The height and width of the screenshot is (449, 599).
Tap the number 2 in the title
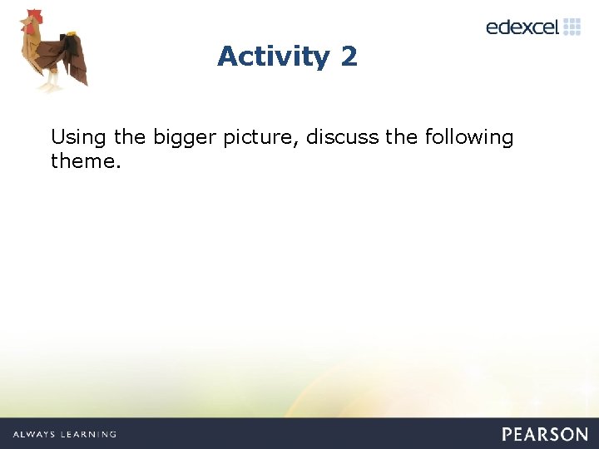(349, 57)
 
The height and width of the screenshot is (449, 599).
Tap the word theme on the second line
(83, 160)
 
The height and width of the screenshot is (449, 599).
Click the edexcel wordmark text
(522, 27)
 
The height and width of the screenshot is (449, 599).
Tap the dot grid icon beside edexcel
(572, 27)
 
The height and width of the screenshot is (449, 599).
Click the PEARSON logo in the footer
(545, 434)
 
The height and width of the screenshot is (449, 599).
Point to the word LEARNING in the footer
(89, 434)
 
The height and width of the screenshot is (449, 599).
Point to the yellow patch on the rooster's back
(70, 34)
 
